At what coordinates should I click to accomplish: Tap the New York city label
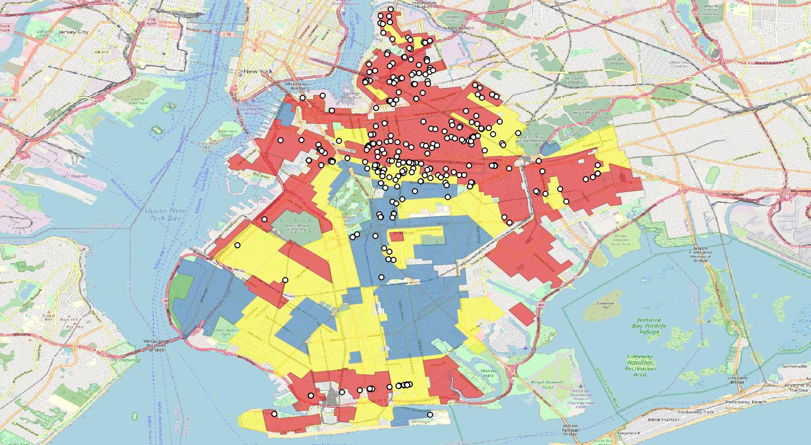click(258, 71)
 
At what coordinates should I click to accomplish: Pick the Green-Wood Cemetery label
click(297, 227)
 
